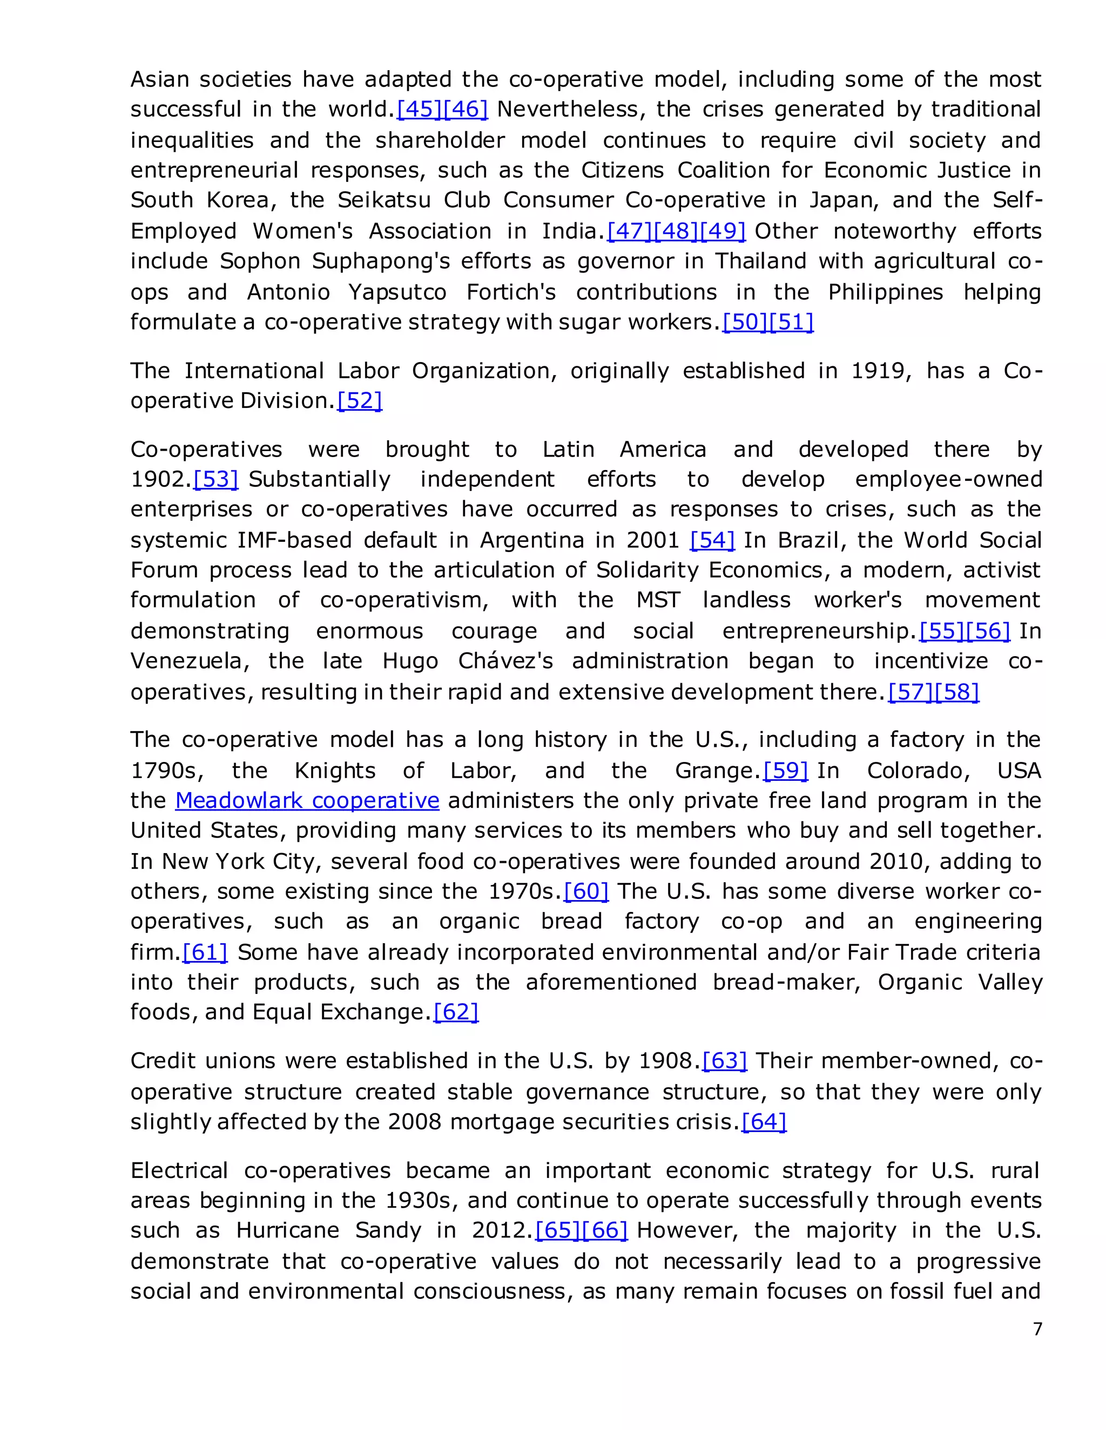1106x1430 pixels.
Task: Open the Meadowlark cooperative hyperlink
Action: click(307, 800)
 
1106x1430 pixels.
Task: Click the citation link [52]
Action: click(359, 401)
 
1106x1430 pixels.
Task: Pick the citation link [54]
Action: click(712, 540)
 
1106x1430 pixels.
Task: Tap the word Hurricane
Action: click(288, 1230)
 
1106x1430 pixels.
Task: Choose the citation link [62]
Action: click(455, 1012)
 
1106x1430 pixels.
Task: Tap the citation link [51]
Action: click(791, 322)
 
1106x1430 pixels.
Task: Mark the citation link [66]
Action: click(605, 1230)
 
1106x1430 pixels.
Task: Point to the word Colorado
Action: click(918, 771)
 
